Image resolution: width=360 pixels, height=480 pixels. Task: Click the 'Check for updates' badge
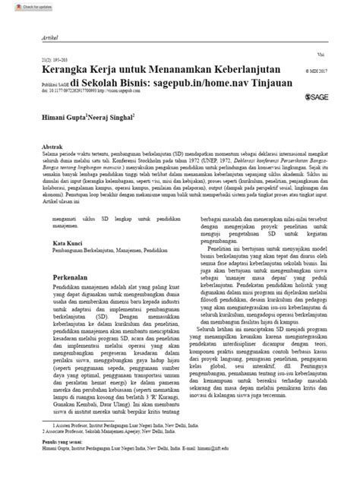21,5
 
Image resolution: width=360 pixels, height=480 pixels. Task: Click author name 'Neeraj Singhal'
113,119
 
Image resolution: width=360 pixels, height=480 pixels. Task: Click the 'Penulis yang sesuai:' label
63,441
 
